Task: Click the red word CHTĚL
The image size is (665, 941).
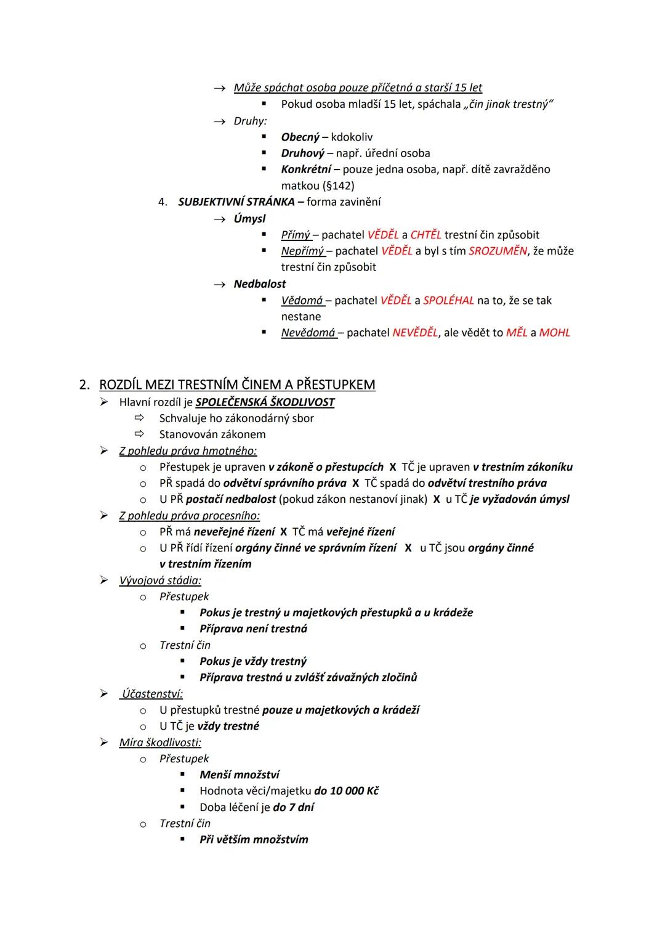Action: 425,235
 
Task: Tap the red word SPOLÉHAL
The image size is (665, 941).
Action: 448,300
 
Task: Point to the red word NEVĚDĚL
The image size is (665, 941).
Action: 416,333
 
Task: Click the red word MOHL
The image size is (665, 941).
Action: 554,333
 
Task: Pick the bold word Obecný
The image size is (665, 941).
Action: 300,137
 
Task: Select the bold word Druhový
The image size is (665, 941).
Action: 302,153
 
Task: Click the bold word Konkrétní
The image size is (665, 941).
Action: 306,169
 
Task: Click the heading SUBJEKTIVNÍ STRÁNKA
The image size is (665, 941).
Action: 236,202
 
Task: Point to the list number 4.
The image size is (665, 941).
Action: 163,202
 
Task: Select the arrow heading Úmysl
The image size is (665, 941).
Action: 249,218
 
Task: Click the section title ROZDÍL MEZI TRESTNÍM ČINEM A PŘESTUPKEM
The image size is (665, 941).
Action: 237,385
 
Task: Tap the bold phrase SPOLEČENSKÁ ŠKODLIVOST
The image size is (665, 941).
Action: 265,402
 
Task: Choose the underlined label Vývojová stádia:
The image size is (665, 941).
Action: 160,580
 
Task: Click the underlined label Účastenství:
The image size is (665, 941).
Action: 152,694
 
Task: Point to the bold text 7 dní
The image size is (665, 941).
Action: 301,807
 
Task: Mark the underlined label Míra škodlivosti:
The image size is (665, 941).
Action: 160,743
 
